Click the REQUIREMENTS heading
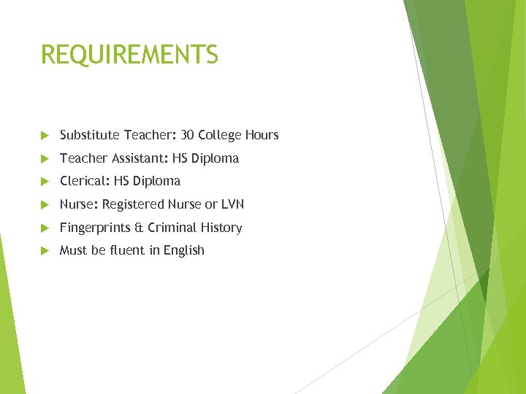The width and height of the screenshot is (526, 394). (129, 55)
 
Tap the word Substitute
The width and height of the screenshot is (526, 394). (90, 135)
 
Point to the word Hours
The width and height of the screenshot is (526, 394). (263, 135)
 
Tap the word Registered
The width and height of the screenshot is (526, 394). (133, 205)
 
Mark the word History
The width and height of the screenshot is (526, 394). (221, 228)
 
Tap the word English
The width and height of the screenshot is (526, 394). (183, 251)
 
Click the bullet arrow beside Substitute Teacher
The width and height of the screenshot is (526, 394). (45, 136)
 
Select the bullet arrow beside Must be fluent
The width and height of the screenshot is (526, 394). (45, 251)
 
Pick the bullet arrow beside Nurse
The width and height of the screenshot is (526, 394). (45, 205)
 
